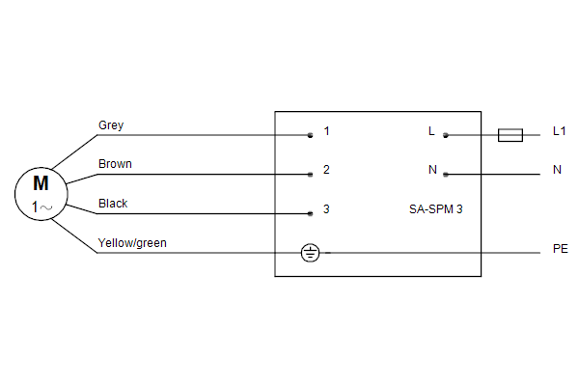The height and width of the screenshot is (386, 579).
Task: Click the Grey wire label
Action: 111,125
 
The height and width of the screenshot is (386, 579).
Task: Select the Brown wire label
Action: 115,164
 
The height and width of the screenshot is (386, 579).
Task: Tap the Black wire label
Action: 113,204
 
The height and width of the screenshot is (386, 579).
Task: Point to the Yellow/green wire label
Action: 132,243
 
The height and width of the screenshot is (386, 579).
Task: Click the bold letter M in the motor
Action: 41,183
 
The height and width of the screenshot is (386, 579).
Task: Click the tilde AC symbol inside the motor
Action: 46,207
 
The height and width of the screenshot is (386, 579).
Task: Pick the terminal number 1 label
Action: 326,131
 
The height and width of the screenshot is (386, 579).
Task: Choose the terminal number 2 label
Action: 326,170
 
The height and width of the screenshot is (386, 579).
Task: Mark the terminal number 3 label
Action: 326,209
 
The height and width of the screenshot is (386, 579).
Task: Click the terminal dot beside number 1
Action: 310,135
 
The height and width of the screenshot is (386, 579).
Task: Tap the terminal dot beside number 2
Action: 310,175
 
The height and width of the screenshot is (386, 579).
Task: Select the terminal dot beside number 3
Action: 310,213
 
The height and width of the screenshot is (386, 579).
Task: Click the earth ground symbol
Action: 310,253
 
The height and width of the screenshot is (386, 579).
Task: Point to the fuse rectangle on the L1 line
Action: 510,135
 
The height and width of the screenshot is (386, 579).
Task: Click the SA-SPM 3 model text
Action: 436,209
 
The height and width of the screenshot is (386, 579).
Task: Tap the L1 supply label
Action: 559,131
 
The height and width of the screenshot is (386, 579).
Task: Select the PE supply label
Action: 560,249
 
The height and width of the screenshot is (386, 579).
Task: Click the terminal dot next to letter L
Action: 446,135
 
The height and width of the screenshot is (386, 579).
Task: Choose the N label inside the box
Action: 432,170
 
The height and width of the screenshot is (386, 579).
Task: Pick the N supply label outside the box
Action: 557,170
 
